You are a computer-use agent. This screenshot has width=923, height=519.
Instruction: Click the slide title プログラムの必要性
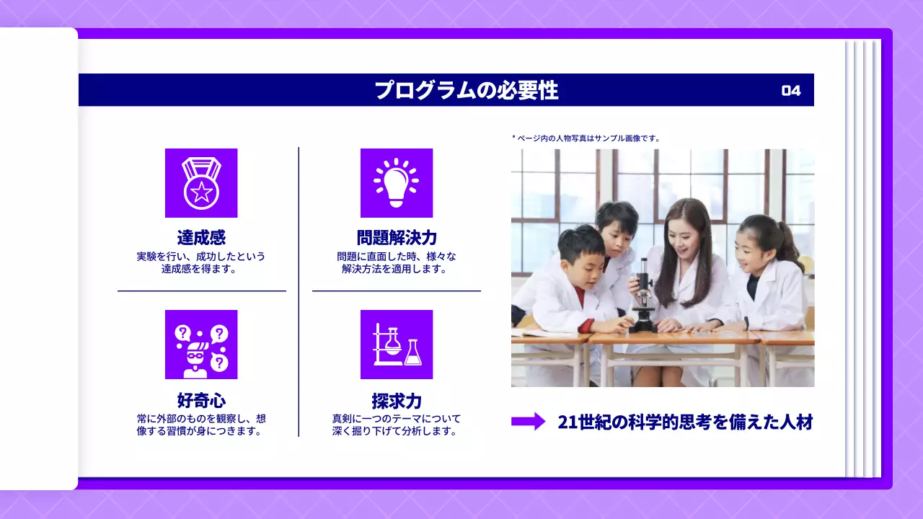[466, 91]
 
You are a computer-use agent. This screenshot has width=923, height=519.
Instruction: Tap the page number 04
[791, 91]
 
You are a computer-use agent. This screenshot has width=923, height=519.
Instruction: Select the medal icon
[201, 183]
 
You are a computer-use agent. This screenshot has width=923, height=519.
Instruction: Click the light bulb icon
[396, 183]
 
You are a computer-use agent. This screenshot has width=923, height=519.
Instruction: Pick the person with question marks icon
[201, 345]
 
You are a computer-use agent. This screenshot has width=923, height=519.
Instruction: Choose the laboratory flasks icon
[396, 345]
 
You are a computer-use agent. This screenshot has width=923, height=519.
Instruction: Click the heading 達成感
[201, 238]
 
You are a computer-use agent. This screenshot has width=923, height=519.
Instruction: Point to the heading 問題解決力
[397, 238]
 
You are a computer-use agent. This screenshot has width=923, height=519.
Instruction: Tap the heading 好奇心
[201, 400]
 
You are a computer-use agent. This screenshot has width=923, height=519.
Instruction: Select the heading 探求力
[397, 401]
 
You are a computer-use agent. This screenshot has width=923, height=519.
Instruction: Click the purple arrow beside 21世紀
[529, 422]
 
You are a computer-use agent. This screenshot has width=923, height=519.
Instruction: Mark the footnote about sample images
[586, 138]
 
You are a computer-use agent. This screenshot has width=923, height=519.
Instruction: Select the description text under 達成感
[201, 262]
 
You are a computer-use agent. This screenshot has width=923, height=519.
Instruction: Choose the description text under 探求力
[396, 425]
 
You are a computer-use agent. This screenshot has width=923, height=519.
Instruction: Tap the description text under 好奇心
[201, 425]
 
